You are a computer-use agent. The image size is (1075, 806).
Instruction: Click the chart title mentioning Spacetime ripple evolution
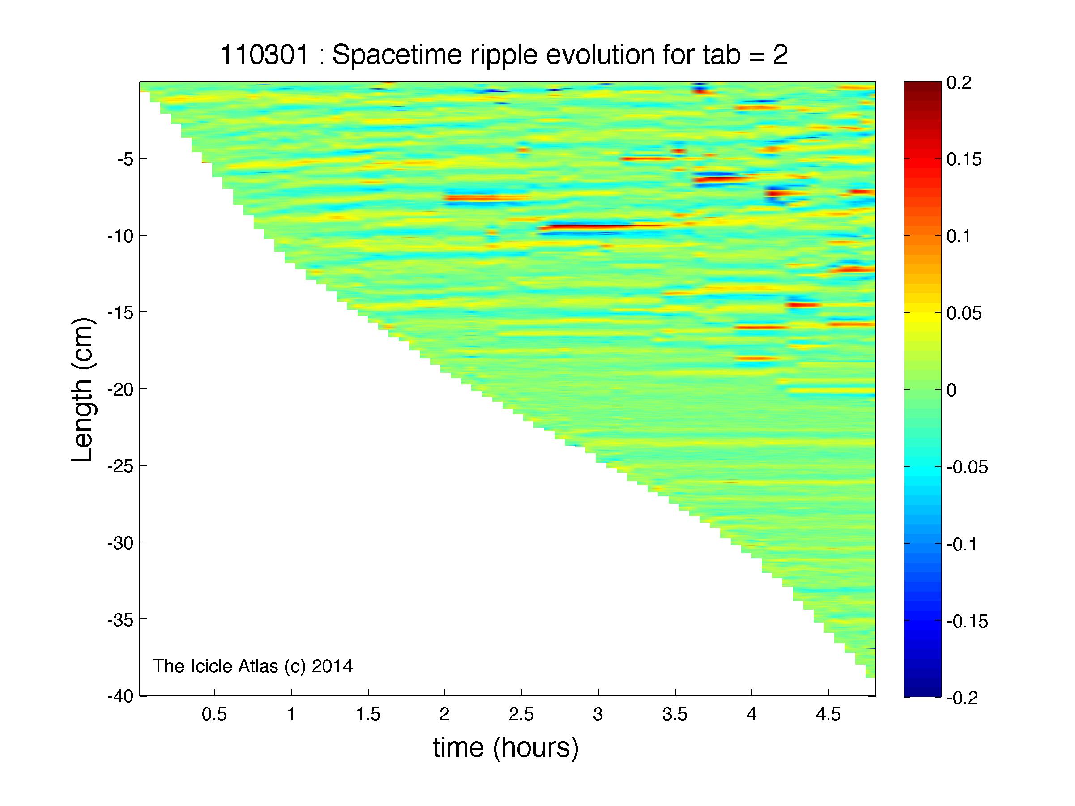point(503,55)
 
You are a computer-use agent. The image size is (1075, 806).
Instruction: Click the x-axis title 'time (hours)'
point(506,747)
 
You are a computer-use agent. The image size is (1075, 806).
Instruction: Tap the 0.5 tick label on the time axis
point(214,714)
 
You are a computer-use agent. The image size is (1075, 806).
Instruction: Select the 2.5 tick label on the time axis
point(521,714)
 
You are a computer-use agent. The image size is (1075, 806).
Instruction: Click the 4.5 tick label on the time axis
point(828,714)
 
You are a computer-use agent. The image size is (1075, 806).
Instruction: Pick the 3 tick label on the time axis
point(598,714)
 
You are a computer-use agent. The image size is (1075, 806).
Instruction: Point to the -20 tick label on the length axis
point(120,389)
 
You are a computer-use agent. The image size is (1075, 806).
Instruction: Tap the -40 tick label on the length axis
point(120,696)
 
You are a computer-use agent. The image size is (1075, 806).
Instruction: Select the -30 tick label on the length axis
point(120,543)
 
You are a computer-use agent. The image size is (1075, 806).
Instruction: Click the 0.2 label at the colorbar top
point(959,83)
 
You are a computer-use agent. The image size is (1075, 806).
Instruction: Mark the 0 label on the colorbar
point(951,390)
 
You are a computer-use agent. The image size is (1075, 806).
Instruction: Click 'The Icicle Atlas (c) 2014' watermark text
point(253,666)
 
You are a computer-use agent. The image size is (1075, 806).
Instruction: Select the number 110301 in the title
point(264,55)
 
